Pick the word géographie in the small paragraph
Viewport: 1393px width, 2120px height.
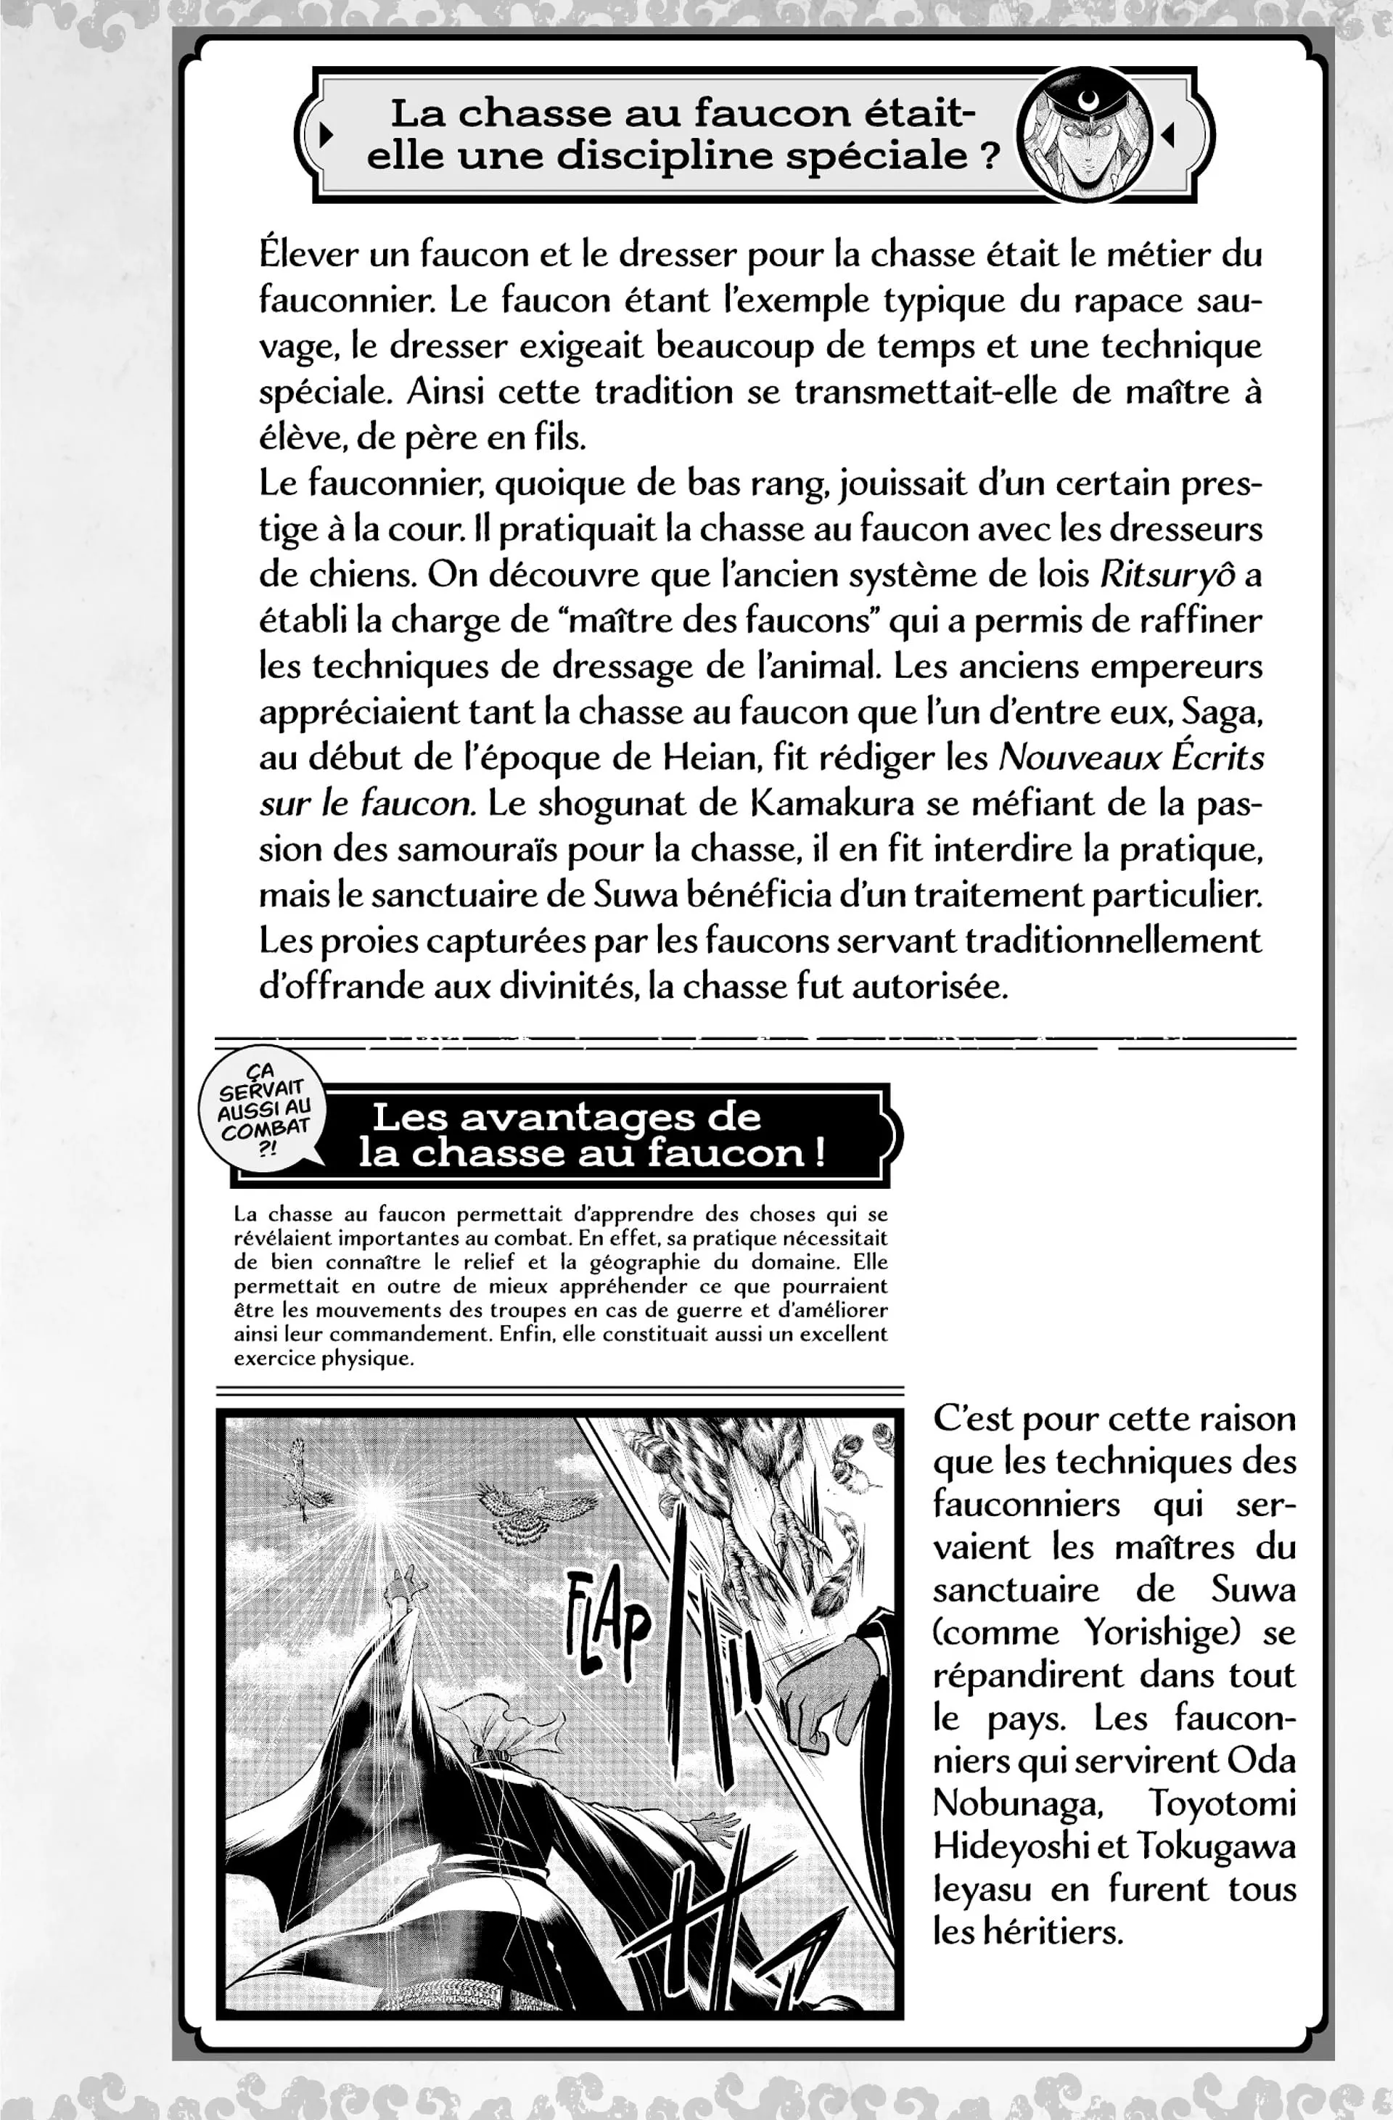pos(672,1261)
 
